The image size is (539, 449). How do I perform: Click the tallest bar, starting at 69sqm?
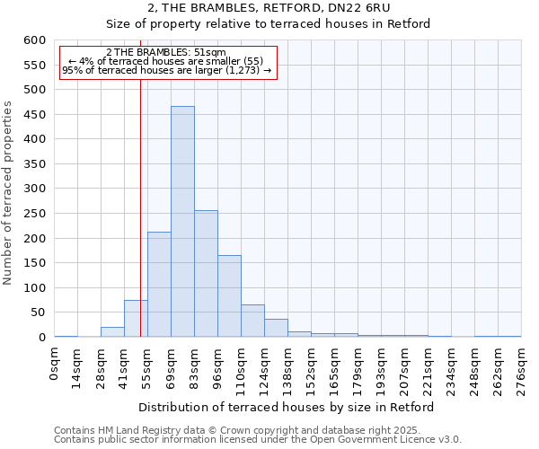tap(182, 222)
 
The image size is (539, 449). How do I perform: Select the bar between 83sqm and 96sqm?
tap(206, 274)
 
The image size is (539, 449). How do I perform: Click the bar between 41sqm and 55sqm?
tap(136, 319)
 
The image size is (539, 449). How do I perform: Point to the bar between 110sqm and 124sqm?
tap(252, 321)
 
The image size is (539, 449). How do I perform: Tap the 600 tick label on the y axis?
tap(34, 40)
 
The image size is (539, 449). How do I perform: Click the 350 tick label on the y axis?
tap(34, 164)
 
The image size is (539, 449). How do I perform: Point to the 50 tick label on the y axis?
tap(38, 313)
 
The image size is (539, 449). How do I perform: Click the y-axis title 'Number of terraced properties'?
tap(9, 193)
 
